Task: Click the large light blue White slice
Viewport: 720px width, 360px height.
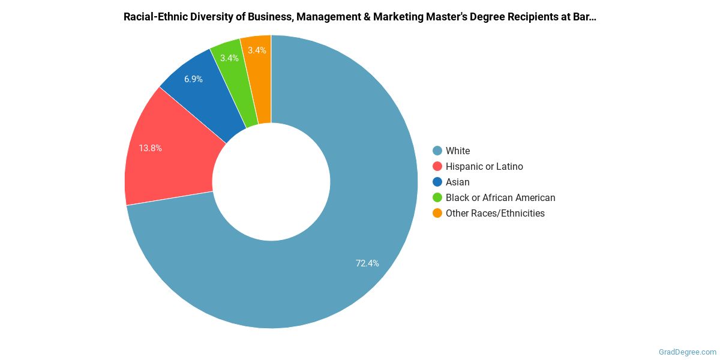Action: tap(360, 228)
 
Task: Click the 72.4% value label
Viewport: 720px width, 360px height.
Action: tap(367, 263)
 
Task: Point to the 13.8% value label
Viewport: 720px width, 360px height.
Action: tap(150, 148)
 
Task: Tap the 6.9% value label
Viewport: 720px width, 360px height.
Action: tap(193, 79)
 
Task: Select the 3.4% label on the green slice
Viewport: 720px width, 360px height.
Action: tap(229, 58)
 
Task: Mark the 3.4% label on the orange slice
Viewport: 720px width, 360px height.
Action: tap(257, 50)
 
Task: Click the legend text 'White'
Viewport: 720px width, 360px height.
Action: tap(458, 151)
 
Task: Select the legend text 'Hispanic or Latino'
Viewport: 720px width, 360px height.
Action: tap(484, 166)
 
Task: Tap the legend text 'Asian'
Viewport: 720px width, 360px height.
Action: tap(458, 182)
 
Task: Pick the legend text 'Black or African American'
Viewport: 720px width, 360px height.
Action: tap(500, 197)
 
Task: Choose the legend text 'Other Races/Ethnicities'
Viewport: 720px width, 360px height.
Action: tap(495, 213)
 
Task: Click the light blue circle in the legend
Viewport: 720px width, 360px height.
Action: tap(437, 151)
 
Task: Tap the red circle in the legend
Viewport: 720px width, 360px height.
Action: tap(437, 166)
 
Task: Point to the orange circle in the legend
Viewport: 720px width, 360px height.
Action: tap(437, 213)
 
